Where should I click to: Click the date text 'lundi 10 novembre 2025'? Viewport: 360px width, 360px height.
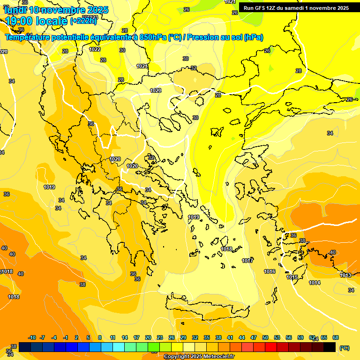pyautogui.click(x=56, y=10)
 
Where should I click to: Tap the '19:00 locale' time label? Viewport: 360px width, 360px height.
pyautogui.click(x=36, y=21)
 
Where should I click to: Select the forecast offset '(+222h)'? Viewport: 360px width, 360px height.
pyautogui.click(x=84, y=21)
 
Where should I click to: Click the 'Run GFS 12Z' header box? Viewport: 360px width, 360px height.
pyautogui.click(x=296, y=8)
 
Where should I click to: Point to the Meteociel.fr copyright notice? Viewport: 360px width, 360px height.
pyautogui.click(x=199, y=357)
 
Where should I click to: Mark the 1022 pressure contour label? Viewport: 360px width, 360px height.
pyautogui.click(x=95, y=49)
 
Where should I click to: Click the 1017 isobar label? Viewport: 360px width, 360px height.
pyautogui.click(x=247, y=261)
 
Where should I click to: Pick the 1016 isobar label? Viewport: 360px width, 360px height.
pyautogui.click(x=270, y=271)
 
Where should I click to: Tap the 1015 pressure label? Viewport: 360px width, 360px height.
pyautogui.click(x=292, y=277)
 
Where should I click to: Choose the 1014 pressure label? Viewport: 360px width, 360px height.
pyautogui.click(x=315, y=283)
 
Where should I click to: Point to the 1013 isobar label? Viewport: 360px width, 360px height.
pyautogui.click(x=346, y=275)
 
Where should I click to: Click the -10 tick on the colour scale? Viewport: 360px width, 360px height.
pyautogui.click(x=32, y=337)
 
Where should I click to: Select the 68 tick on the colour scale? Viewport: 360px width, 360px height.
pyautogui.click(x=336, y=337)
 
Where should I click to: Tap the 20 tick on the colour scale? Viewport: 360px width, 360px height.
pyautogui.click(x=148, y=337)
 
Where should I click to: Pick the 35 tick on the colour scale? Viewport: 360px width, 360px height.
pyautogui.click(x=207, y=337)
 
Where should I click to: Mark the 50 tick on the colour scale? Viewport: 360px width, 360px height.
pyautogui.click(x=265, y=337)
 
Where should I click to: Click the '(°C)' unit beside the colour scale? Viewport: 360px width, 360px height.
pyautogui.click(x=344, y=348)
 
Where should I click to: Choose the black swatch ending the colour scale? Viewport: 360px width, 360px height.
pyautogui.click(x=330, y=347)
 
